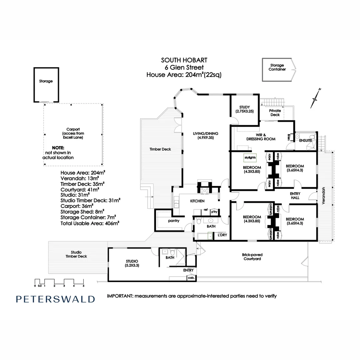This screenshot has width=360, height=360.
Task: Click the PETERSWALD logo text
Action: [x=55, y=299]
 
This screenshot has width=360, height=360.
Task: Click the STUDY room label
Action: [x=245, y=109]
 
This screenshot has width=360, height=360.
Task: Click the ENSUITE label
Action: [x=305, y=141]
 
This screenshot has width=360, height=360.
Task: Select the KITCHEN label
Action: [x=197, y=201]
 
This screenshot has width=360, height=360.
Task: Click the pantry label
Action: [x=174, y=221]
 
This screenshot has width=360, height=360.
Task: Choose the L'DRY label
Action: [x=222, y=235]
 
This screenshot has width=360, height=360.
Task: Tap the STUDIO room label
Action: [x=132, y=263]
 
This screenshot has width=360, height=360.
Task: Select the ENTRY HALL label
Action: [x=295, y=196]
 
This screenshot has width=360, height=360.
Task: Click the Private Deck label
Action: [x=275, y=113]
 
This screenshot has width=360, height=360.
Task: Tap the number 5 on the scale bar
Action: [x=84, y=286]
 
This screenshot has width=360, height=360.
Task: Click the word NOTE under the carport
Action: [x=58, y=148]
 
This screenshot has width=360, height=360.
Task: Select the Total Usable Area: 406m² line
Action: [x=90, y=224]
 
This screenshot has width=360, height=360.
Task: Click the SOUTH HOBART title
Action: [x=184, y=60]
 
